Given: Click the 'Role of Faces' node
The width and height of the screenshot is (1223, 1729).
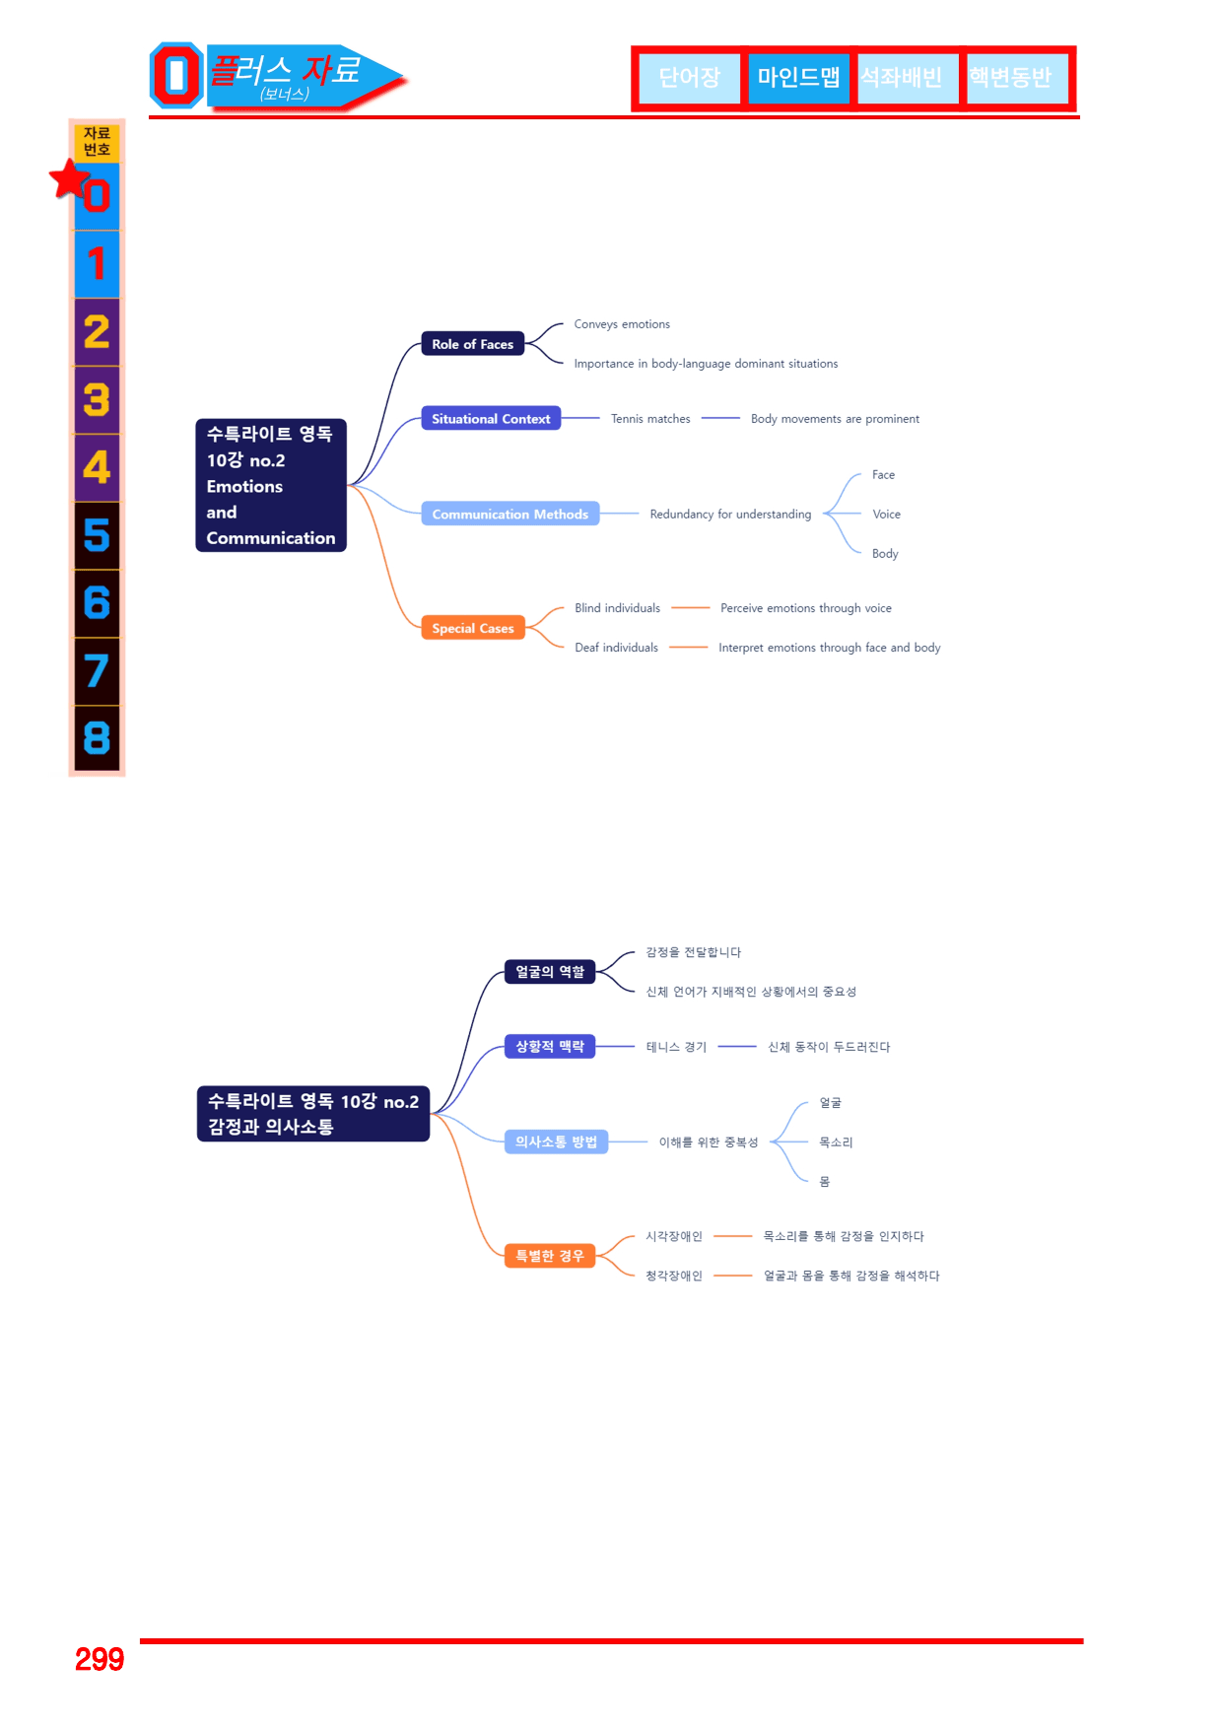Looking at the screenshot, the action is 473,344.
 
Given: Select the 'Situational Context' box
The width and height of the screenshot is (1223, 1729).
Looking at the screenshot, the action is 491,419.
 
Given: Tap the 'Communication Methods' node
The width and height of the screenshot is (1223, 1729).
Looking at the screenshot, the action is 510,514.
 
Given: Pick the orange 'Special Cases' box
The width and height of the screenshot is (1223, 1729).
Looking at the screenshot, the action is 473,628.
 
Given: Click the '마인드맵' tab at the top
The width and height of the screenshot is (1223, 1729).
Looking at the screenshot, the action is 798,78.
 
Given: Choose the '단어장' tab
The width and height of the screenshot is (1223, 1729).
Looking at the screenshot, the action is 690,78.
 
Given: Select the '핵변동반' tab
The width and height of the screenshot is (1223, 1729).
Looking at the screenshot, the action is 1009,78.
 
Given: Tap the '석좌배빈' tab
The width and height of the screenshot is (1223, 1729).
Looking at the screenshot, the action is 902,78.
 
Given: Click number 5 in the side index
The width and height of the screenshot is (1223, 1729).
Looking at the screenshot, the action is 97,535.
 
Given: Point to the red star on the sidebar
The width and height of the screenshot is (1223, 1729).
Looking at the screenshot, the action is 71,179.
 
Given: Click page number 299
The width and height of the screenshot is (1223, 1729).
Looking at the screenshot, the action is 100,1659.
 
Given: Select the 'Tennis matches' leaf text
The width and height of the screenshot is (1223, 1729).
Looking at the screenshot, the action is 650,419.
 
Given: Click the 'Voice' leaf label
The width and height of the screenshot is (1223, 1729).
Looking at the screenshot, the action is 887,514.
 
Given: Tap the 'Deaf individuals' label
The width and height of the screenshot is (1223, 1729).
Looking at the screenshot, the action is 616,648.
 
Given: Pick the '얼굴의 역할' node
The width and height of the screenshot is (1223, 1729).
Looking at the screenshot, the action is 550,972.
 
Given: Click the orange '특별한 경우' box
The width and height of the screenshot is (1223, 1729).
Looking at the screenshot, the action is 550,1256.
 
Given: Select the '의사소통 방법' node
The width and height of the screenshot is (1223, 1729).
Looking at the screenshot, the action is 556,1141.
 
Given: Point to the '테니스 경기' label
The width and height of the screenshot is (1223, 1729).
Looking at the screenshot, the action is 676,1047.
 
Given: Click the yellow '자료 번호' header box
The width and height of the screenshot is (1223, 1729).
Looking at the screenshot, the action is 97,142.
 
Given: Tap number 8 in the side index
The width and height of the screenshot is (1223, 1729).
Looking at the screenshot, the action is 97,738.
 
